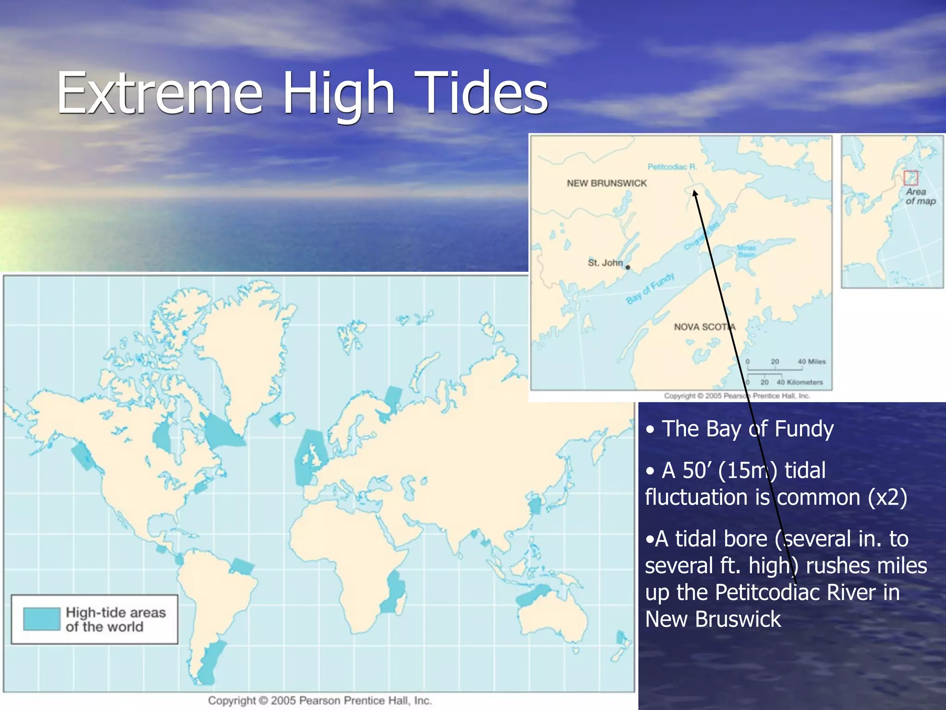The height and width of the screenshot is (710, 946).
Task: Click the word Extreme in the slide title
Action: [x=159, y=92]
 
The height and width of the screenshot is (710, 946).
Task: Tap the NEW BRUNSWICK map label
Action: [x=606, y=184]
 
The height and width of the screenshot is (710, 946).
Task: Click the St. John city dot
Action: [x=628, y=267]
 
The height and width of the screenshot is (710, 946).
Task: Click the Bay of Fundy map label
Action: [x=650, y=288]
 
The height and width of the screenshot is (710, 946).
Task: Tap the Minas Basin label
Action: [x=746, y=251]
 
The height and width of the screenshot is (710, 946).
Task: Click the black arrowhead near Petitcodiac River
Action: [x=695, y=193]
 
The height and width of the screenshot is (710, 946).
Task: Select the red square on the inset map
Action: [x=910, y=177]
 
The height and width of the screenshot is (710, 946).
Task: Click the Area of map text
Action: [x=920, y=196]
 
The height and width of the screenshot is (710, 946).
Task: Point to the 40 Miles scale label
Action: [x=811, y=361]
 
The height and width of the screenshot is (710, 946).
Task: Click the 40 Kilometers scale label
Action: [x=800, y=382]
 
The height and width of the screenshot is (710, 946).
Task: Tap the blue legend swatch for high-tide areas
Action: [x=42, y=619]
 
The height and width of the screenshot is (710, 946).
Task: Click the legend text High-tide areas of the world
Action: [x=115, y=619]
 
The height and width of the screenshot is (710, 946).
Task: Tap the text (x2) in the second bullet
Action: [x=887, y=497]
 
